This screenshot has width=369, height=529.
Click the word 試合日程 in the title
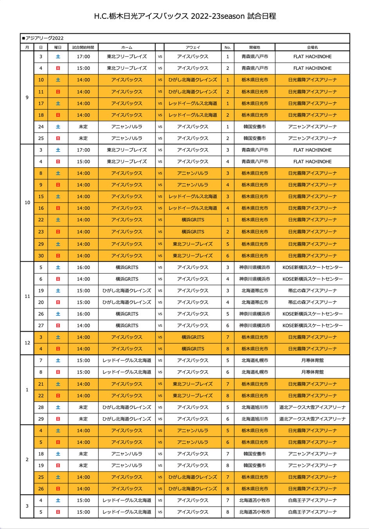click(x=262, y=16)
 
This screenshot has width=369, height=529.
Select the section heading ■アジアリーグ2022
click(x=43, y=38)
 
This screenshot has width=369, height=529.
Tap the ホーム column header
click(x=127, y=47)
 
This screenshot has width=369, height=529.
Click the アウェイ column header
click(x=193, y=47)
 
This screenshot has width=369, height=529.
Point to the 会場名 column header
click(x=312, y=47)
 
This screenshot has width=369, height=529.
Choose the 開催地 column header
click(x=255, y=47)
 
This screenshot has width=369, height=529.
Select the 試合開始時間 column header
click(x=83, y=47)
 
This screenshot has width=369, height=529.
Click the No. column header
click(x=228, y=47)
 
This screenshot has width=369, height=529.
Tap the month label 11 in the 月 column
click(x=27, y=296)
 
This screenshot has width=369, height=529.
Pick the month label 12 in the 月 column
click(x=27, y=343)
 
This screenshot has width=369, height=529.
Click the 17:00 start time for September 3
click(x=83, y=56)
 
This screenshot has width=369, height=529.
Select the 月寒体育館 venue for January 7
click(x=312, y=360)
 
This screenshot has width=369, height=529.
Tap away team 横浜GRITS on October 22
click(x=193, y=220)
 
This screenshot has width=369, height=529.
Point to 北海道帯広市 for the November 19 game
click(x=255, y=291)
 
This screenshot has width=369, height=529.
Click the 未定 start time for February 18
click(x=83, y=454)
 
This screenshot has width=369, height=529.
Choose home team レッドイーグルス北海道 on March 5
click(x=127, y=512)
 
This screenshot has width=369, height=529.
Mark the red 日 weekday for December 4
click(x=58, y=349)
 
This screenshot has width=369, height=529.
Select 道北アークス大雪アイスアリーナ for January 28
click(x=312, y=407)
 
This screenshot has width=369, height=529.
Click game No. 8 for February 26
click(x=228, y=489)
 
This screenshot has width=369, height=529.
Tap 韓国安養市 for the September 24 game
click(x=255, y=127)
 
